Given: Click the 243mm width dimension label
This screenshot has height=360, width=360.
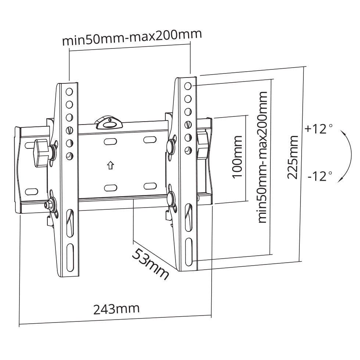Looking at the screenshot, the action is pyautogui.click(x=116, y=309).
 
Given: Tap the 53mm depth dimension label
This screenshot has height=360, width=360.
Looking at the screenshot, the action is pyautogui.click(x=150, y=264).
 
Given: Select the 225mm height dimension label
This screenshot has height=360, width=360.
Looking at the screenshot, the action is pyautogui.click(x=293, y=157).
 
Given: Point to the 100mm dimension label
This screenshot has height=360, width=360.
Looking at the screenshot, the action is pyautogui.click(x=237, y=157).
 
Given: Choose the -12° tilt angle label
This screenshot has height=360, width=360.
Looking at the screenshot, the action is pyautogui.click(x=320, y=176).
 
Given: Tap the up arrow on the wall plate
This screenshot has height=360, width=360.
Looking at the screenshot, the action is pyautogui.click(x=111, y=165).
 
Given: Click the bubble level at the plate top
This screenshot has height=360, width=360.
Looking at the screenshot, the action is pyautogui.click(x=109, y=122).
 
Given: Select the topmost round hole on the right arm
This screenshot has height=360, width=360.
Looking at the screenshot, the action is pyautogui.click(x=188, y=86).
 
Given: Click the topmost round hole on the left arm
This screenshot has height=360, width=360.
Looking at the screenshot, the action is pyautogui.click(x=69, y=92).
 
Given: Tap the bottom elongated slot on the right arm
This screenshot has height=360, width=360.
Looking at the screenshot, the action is pyautogui.click(x=189, y=252).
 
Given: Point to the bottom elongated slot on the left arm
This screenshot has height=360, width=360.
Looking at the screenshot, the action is pyautogui.click(x=70, y=258).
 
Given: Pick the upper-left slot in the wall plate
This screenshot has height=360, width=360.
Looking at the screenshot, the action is pyautogui.click(x=110, y=141).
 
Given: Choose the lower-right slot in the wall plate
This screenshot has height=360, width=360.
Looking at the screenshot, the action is pyautogui.click(x=150, y=186).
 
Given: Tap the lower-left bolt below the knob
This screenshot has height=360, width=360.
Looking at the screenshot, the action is pyautogui.click(x=48, y=204).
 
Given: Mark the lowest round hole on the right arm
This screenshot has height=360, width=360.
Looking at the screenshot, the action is pyautogui.click(x=188, y=150).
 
